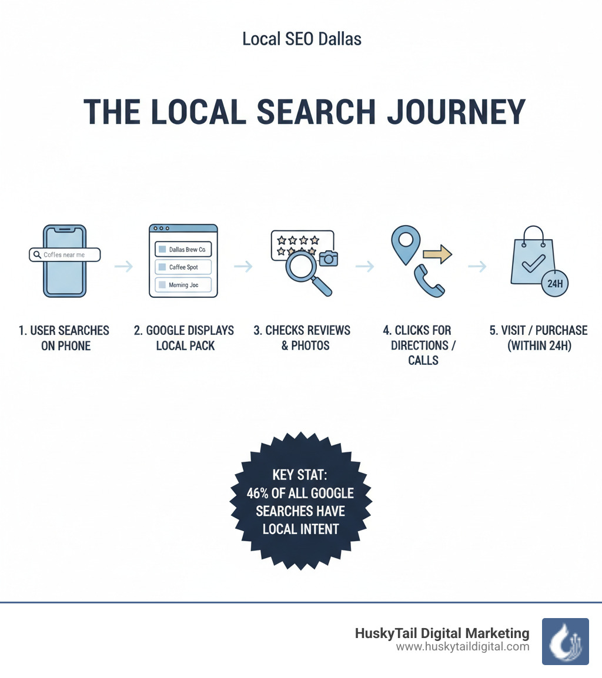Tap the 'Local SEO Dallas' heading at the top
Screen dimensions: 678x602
click(x=302, y=39)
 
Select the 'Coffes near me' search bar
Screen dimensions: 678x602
click(x=65, y=254)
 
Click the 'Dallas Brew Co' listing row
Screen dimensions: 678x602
click(x=183, y=249)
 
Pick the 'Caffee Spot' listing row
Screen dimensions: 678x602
click(x=183, y=267)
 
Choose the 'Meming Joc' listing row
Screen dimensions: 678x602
click(x=183, y=285)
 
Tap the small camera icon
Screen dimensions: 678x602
click(x=329, y=257)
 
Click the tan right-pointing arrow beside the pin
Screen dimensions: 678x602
click(x=437, y=254)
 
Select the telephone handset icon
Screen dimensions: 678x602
click(x=429, y=281)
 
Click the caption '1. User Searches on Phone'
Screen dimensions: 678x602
click(x=64, y=338)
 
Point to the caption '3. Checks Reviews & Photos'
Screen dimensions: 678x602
click(x=302, y=338)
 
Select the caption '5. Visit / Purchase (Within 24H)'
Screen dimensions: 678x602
click(x=539, y=338)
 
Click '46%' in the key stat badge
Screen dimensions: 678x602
click(x=259, y=493)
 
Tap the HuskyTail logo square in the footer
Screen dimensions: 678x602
click(x=565, y=641)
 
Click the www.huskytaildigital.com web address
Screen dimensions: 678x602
click(x=463, y=647)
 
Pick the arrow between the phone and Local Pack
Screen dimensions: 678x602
click(x=123, y=267)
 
